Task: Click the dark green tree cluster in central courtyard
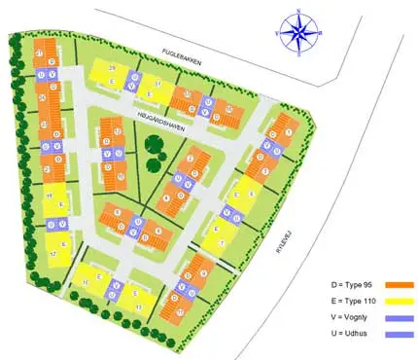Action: point(153,148)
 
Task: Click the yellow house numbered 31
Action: point(156,89)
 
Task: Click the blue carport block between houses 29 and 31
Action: point(132,79)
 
